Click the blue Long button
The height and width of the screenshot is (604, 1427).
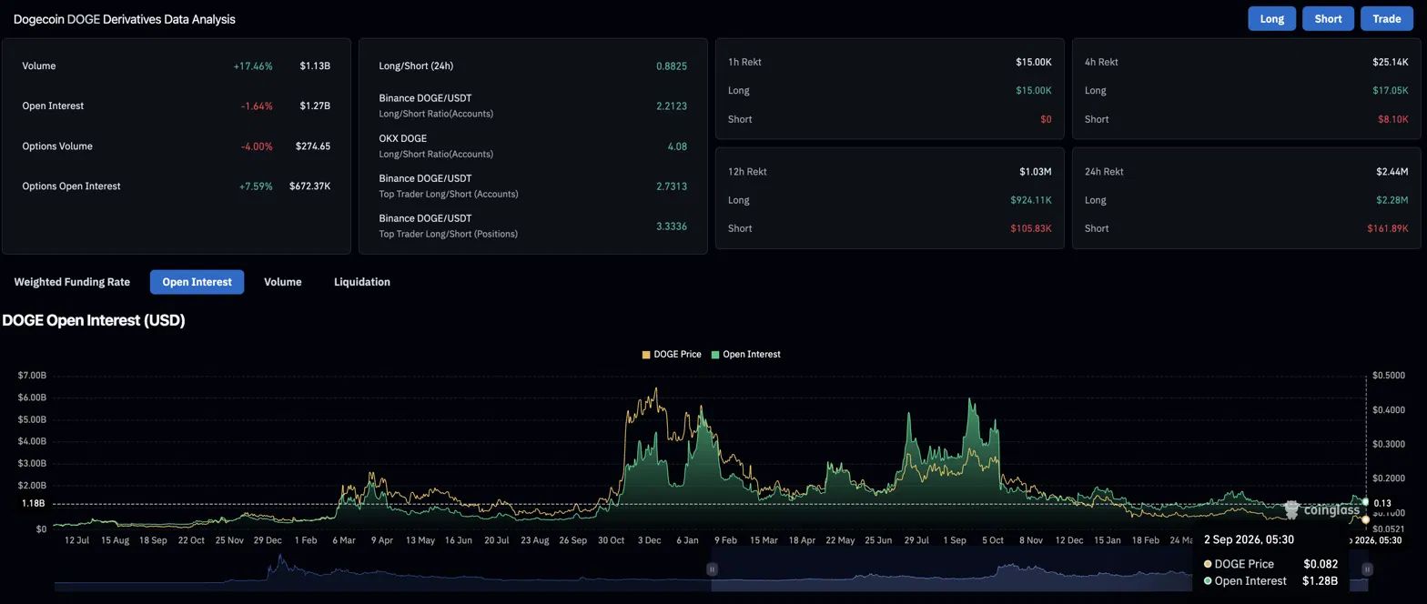click(1271, 18)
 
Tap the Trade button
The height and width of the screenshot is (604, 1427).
click(1386, 18)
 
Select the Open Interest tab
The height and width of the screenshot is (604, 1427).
click(197, 282)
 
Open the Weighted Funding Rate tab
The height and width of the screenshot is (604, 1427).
click(72, 282)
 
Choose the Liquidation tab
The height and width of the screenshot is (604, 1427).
click(362, 282)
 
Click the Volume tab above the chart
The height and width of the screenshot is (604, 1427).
click(283, 282)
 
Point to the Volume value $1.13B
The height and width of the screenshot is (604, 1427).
click(315, 65)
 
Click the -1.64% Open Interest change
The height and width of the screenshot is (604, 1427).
click(257, 106)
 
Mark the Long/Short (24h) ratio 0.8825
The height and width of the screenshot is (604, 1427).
click(672, 65)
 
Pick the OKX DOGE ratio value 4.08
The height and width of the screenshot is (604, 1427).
click(677, 146)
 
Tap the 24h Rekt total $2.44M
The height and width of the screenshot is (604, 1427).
click(1392, 171)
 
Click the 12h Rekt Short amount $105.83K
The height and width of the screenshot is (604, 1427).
click(1031, 227)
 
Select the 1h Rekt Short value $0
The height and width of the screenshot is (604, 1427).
click(1046, 119)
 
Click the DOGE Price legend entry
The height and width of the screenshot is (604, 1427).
click(672, 355)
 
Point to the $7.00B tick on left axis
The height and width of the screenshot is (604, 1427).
click(32, 376)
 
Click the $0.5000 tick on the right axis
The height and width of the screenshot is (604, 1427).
click(1388, 376)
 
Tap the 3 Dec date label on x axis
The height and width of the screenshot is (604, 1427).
click(649, 540)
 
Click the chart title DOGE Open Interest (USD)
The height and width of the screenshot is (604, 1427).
click(94, 320)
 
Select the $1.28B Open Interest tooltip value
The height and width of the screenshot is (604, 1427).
click(1320, 581)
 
